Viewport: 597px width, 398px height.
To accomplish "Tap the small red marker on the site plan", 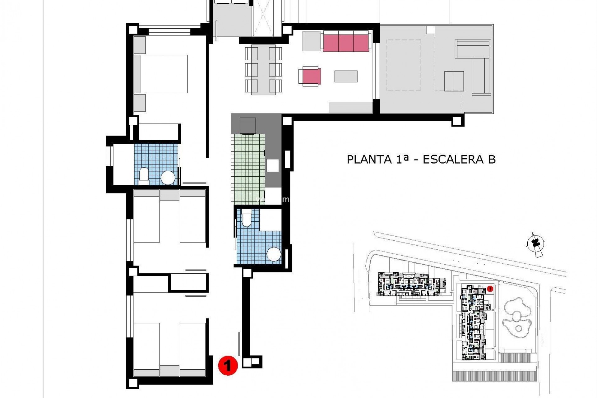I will (490, 289).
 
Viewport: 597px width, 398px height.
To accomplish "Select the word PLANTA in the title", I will (369, 160).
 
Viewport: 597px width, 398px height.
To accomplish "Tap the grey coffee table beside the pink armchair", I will (346, 76).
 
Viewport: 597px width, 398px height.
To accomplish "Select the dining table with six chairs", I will (263, 69).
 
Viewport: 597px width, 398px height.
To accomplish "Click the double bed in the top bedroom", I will (161, 74).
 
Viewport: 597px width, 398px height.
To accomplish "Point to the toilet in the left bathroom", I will (144, 175).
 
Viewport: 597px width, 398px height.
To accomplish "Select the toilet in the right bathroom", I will (246, 218).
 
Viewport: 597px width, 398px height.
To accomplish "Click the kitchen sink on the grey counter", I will (272, 165).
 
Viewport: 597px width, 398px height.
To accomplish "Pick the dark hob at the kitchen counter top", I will (248, 126).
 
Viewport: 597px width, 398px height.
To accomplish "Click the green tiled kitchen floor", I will (248, 168).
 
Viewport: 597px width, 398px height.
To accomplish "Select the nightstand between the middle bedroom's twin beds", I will (169, 195).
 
